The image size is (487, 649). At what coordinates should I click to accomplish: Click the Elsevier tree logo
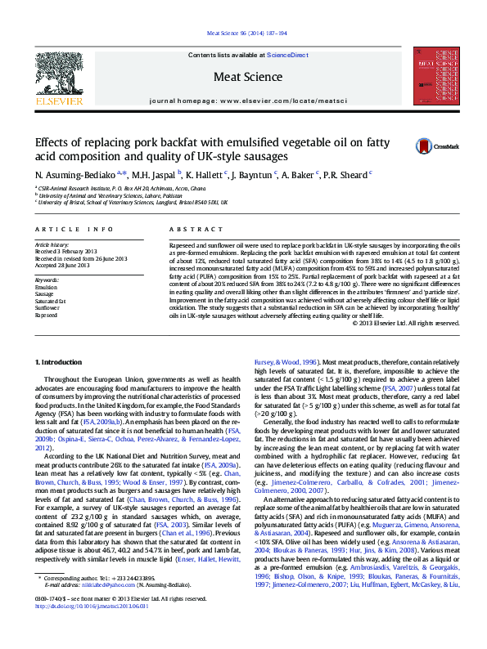pos(58,78)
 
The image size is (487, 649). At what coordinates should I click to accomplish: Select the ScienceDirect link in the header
pos(287,55)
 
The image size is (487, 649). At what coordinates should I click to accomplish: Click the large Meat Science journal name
pos(243,77)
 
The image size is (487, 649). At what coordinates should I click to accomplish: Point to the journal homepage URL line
pos(243,100)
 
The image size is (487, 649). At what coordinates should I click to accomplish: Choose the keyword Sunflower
pos(47,307)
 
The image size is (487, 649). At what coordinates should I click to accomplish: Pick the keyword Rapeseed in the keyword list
pos(47,314)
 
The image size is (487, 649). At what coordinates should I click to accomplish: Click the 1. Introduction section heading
pos(61,361)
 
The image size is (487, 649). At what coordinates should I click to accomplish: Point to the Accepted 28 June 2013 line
pos(70,266)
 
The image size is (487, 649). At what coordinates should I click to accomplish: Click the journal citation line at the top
pos(243,34)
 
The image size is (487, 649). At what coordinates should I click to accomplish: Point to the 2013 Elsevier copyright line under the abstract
pos(405,323)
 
